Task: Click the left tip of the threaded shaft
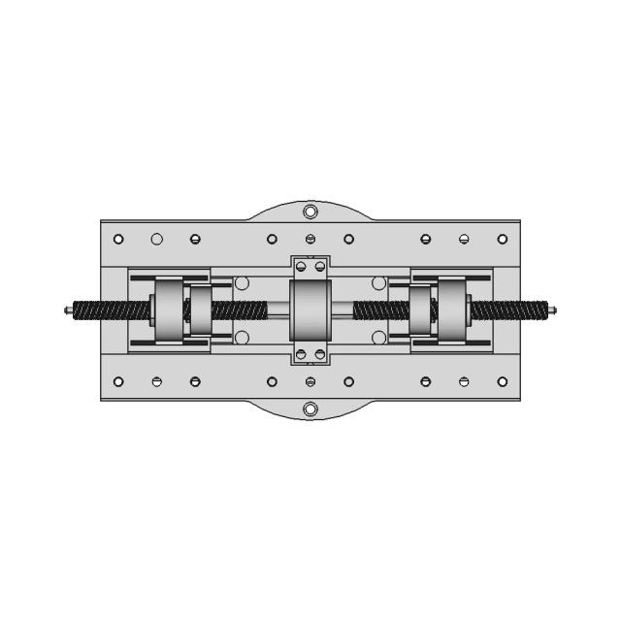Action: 66,310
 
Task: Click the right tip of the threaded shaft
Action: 554,310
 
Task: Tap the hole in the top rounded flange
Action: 310,212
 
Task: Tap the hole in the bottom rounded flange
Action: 310,409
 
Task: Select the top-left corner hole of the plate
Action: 118,239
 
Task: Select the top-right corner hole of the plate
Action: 502,239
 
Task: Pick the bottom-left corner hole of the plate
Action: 118,381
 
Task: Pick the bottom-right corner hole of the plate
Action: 502,381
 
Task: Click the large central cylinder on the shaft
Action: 310,310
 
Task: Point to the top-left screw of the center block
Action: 301,266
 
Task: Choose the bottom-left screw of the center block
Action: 301,354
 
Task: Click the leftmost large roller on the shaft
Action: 167,310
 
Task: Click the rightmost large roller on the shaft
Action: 453,310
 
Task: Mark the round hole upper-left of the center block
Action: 243,283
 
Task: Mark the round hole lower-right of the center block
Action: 378,338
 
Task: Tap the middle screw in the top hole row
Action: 310,239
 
